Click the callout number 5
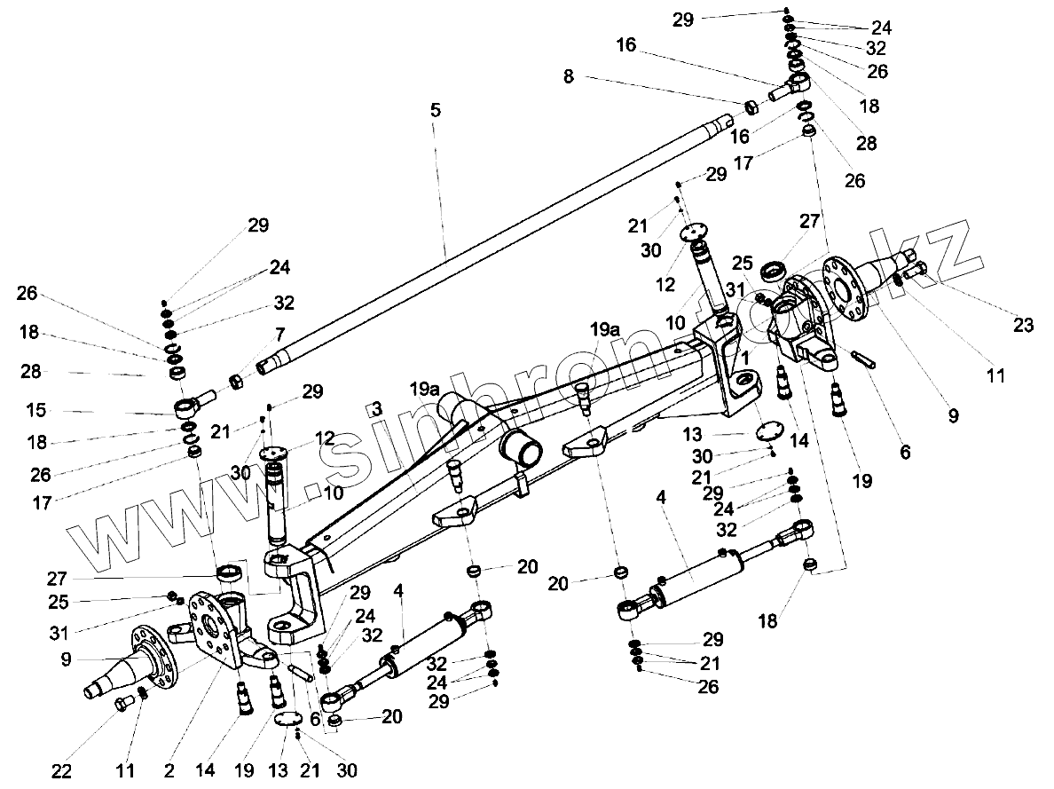pyautogui.click(x=435, y=111)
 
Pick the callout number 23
pyautogui.click(x=1023, y=326)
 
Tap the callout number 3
pyautogui.click(x=376, y=409)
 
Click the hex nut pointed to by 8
pyautogui.click(x=750, y=107)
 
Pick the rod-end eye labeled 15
pyautogui.click(x=187, y=408)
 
